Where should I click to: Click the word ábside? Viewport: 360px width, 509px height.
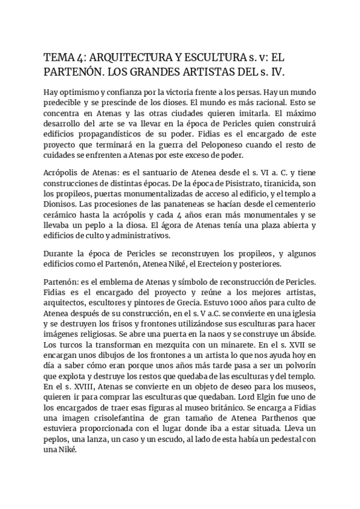302,333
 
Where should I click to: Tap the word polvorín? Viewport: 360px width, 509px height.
297,365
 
